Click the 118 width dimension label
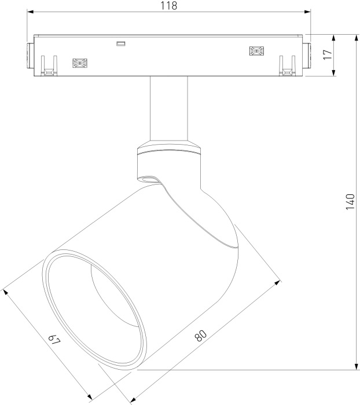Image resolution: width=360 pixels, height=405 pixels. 169,6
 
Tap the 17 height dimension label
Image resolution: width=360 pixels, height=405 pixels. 328,54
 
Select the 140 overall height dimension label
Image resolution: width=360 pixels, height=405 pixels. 350,201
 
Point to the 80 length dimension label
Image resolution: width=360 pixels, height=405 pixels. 201,335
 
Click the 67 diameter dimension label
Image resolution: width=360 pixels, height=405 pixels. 54,340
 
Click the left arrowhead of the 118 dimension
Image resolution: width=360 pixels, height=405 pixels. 31,12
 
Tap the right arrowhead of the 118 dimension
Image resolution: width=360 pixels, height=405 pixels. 307,12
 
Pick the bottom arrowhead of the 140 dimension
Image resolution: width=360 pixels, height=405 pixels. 357,366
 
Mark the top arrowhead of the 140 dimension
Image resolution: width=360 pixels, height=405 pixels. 357,38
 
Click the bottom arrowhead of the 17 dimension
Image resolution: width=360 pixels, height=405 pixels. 333,72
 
